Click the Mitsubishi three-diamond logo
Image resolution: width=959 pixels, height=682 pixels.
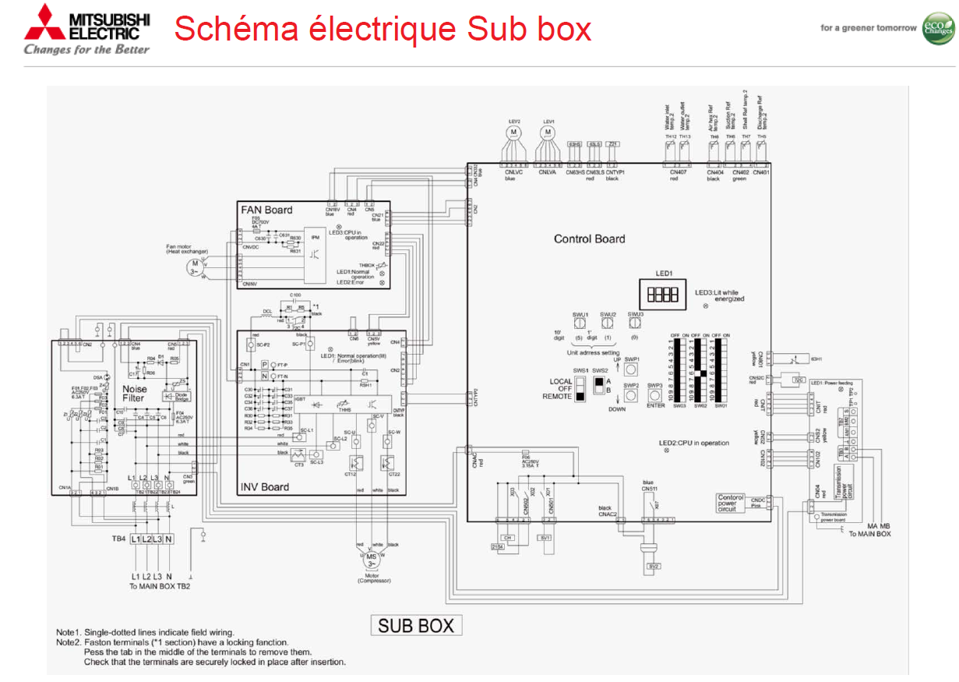(x=41, y=23)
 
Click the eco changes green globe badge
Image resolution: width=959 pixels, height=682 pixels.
(x=938, y=28)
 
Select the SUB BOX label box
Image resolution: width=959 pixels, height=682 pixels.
(x=417, y=625)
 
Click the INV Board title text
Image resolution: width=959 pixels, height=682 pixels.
(x=265, y=487)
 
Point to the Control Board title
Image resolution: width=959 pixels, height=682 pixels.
(x=589, y=239)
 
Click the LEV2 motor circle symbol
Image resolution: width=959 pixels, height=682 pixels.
(x=513, y=133)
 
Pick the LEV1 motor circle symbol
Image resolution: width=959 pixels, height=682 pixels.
(x=548, y=133)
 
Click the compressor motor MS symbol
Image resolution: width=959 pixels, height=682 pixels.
(x=372, y=559)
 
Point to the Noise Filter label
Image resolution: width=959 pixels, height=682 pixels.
(x=134, y=393)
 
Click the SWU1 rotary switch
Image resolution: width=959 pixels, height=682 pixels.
(x=579, y=322)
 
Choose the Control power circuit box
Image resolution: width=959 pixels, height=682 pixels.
(x=731, y=503)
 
